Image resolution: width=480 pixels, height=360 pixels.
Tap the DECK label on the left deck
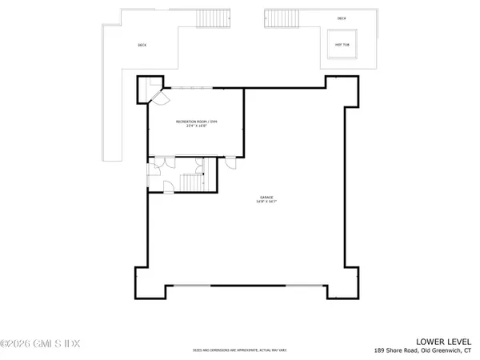[x=142, y=45]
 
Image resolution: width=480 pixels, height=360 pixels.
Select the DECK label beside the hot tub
[x=342, y=18]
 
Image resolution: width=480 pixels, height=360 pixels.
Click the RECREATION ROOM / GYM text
[x=197, y=121]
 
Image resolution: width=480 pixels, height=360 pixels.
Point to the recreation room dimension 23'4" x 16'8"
[x=197, y=126]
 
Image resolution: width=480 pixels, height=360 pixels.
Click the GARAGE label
[x=266, y=197]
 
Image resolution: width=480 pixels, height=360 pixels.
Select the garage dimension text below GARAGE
[x=266, y=202]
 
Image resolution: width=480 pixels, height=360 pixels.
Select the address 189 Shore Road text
[x=423, y=350]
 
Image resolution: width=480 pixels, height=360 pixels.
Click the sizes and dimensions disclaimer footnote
[x=240, y=350]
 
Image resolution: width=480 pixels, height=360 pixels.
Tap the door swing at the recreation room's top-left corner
[x=158, y=97]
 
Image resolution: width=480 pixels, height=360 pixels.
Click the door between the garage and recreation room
[x=230, y=162]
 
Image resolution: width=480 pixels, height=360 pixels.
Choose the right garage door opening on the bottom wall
[x=302, y=286]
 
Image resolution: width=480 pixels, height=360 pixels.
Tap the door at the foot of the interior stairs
[x=170, y=186]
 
